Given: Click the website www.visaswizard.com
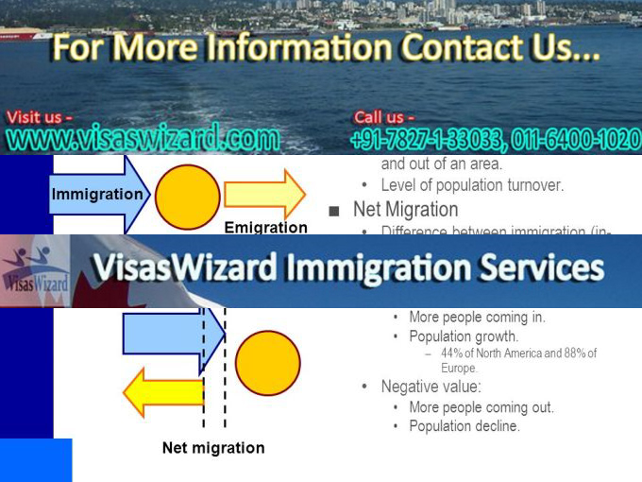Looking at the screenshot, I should [x=144, y=140].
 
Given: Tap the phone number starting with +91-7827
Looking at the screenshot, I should [x=495, y=141].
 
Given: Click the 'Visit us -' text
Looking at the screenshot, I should [x=40, y=117].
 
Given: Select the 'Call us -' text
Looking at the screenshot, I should [x=384, y=117].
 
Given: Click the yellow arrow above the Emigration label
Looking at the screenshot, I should [x=264, y=194].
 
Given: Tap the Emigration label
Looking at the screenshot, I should [x=265, y=228].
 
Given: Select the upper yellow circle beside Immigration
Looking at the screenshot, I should [x=187, y=196].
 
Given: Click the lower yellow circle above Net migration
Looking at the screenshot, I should [x=267, y=363].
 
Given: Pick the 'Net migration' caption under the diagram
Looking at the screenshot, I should [x=213, y=448].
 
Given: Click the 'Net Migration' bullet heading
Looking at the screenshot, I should [x=405, y=210].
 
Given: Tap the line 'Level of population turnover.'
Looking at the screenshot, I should [x=472, y=185].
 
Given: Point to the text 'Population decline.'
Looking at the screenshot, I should [x=465, y=426].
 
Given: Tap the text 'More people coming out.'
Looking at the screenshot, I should [x=481, y=407].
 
